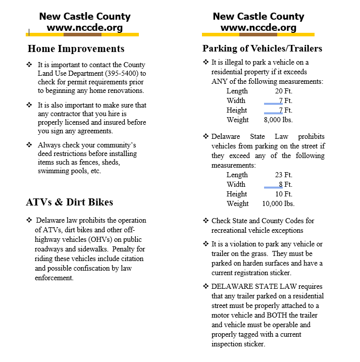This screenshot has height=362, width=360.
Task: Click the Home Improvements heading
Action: coord(76,49)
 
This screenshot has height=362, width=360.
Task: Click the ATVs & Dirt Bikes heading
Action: coord(69,202)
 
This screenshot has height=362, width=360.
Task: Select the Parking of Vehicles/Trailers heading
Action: coord(262,49)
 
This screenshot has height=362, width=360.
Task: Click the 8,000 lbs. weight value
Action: coord(278,120)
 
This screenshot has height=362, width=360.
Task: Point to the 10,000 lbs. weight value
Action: coord(278,204)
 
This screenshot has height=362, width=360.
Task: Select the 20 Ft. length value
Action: coord(284,91)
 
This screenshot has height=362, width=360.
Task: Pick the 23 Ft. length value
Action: coord(284,175)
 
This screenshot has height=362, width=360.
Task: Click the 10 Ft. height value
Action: coord(284,194)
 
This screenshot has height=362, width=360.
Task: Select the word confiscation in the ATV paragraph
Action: coord(92,269)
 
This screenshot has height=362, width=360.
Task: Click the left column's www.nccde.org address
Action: coord(85,28)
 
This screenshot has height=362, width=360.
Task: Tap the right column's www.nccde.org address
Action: coord(259,28)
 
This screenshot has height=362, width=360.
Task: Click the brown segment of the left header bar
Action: coord(83,35)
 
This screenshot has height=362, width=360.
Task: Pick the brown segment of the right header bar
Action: coord(258,35)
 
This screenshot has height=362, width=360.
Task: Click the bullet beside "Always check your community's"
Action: coord(29,145)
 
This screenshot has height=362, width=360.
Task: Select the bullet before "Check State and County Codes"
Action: coord(205,221)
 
